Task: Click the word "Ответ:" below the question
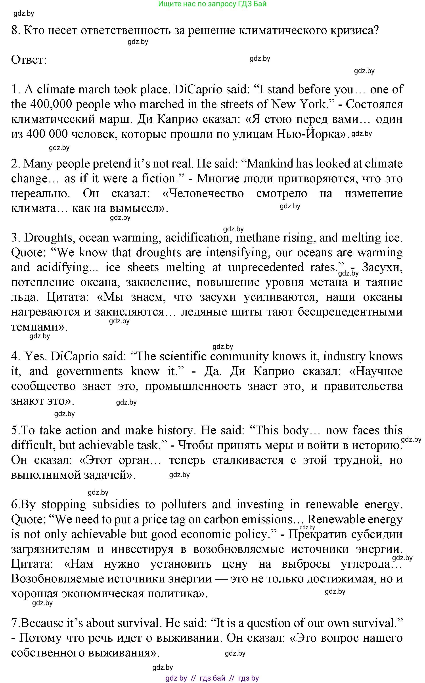coord(29,60)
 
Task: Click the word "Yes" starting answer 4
coord(34,356)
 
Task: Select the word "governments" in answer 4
coord(89,371)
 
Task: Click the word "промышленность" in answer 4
coord(193,386)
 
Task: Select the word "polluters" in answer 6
coord(183,505)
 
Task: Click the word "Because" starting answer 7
coord(42,623)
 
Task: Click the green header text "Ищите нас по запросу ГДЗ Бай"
coord(212,4)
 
